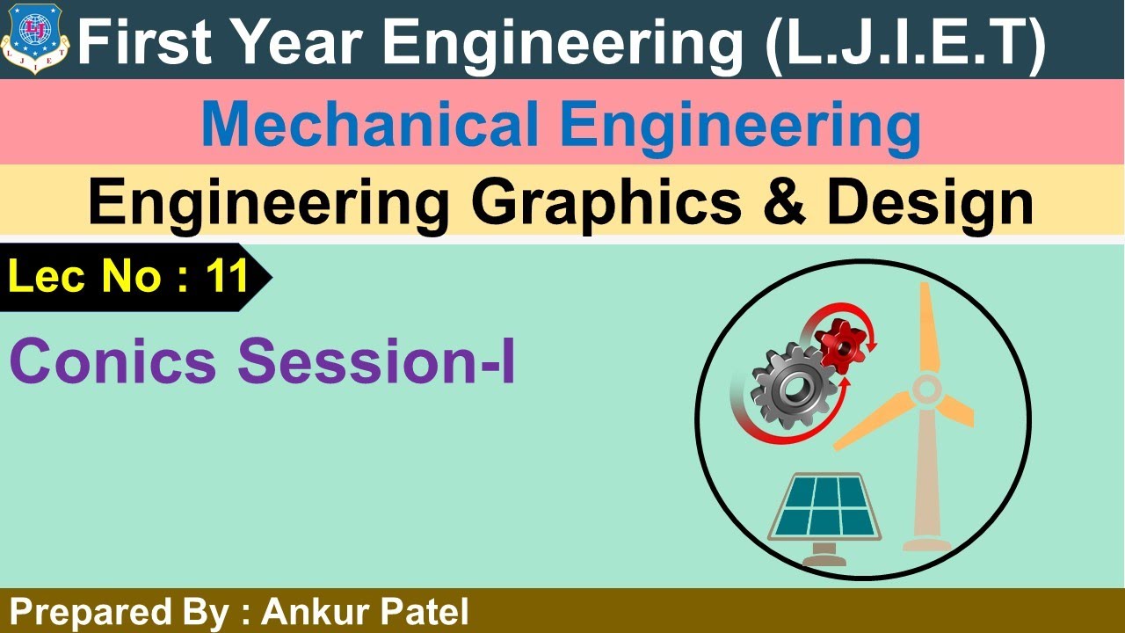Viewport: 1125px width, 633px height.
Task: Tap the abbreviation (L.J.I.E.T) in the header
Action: (905, 41)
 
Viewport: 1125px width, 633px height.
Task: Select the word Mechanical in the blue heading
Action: (370, 124)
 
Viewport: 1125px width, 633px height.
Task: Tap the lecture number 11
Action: (227, 278)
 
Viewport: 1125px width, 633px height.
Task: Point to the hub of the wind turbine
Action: (925, 387)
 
